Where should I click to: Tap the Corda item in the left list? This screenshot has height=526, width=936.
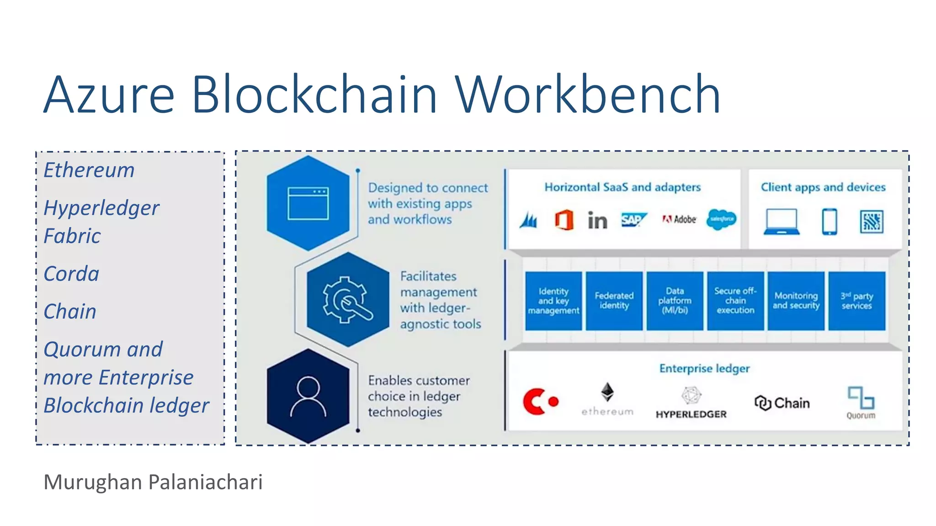pos(71,274)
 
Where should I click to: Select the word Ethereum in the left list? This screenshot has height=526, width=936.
pos(89,170)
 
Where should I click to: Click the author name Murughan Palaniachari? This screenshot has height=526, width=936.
pos(153,482)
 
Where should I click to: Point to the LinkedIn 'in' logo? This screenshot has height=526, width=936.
pos(597,221)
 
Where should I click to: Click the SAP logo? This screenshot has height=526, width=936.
pos(633,220)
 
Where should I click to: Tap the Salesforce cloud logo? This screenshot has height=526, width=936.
pos(721,220)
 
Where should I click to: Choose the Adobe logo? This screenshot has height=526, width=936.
pos(679,220)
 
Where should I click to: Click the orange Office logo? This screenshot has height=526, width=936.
pos(564,220)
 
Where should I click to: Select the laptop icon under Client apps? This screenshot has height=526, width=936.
pos(782,222)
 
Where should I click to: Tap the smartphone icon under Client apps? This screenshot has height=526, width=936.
pos(830,222)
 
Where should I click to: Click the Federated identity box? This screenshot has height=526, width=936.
pos(614,300)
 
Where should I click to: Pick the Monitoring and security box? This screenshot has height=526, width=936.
pos(796,300)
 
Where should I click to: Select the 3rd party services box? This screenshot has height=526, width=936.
pos(856,300)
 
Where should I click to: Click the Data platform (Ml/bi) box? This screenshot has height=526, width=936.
pos(675,300)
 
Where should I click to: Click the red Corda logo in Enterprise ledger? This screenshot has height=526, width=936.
pos(540,401)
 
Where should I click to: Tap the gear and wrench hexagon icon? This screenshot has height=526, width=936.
pos(348,300)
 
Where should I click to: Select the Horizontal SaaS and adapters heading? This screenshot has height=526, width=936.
pos(622,187)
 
